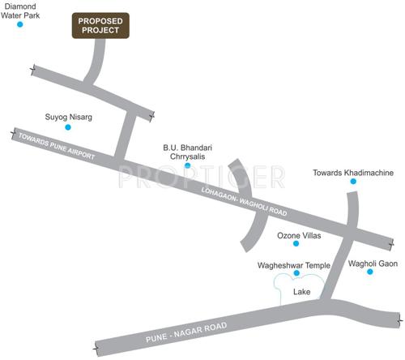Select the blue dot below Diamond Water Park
click(21, 24)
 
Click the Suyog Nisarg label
click(68, 117)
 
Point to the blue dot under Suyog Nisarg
click(68, 128)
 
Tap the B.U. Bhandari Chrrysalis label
click(187, 152)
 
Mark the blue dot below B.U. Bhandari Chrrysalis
click(187, 166)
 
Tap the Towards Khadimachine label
click(352, 172)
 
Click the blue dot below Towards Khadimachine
click(353, 182)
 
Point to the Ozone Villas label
click(300, 236)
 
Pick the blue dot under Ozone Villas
click(300, 246)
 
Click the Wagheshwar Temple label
click(293, 264)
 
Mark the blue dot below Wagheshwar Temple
click(296, 273)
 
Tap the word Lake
click(302, 291)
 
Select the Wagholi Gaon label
click(371, 264)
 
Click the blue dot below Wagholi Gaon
click(369, 272)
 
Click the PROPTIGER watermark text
click(202, 175)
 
